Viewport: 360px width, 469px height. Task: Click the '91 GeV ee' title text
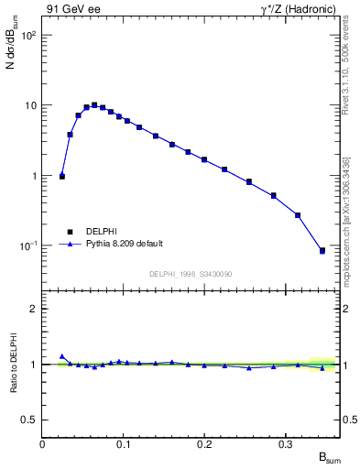(x=71, y=10)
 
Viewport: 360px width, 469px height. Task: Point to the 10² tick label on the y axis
(x=29, y=35)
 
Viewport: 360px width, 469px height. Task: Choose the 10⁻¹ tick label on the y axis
(x=29, y=246)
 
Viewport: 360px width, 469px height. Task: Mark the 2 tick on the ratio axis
(x=33, y=309)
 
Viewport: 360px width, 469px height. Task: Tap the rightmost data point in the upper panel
(x=322, y=250)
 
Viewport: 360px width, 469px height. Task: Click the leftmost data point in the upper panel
(x=62, y=176)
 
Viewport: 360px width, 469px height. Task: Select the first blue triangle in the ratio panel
(x=62, y=356)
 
